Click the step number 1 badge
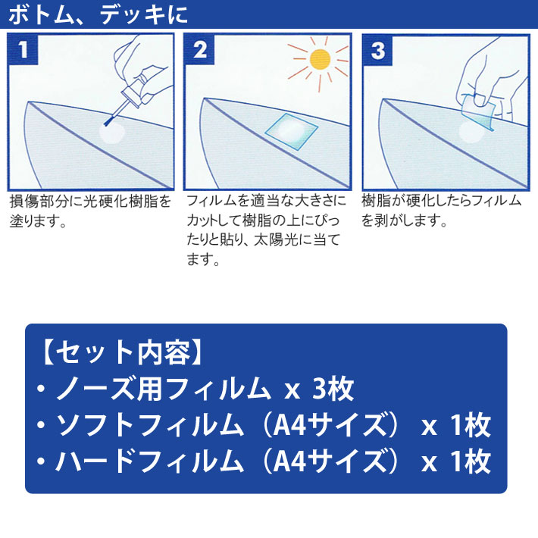[23, 49]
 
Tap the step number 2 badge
[200, 49]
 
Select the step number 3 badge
[378, 50]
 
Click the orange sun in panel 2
[320, 59]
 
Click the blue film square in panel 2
[291, 131]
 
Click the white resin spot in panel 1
[112, 134]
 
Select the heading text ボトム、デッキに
[98, 14]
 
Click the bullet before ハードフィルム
[41, 461]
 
